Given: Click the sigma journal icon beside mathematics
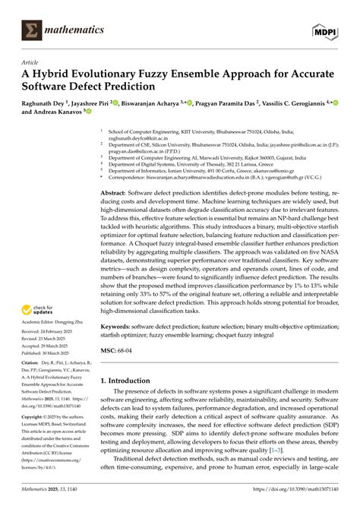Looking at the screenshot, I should pyautogui.click(x=32, y=30).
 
